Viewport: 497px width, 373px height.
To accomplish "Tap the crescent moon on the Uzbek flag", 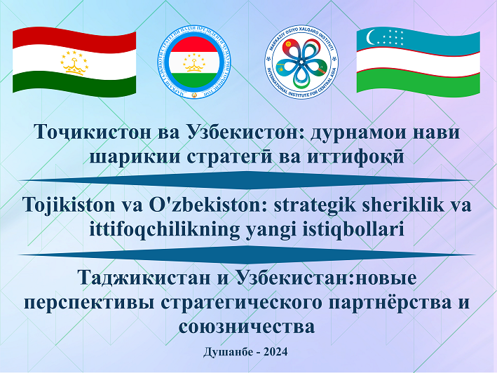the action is [370, 36].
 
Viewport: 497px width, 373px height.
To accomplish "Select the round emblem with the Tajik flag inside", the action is [194, 62].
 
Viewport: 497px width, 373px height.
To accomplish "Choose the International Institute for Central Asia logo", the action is [301, 62].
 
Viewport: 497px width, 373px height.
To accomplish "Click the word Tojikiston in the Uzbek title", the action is [69, 205].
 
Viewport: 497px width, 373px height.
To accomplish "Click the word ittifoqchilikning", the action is [164, 230].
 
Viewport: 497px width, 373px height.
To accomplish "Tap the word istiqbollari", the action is [354, 230].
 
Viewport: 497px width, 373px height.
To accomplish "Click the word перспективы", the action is [89, 303].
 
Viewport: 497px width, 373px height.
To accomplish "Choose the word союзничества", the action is [247, 327].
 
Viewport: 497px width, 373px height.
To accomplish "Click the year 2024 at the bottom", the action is [275, 352].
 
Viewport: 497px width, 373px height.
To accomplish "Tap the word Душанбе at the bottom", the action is [229, 352].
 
